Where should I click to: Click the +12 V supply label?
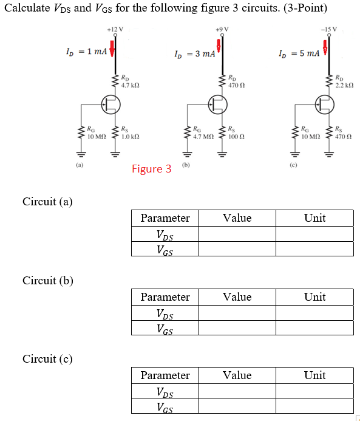[114, 29]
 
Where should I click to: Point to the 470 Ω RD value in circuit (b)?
[237, 86]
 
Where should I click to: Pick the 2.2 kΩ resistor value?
[344, 86]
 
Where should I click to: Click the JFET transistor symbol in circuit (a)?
[110, 105]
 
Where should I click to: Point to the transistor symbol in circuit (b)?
[217, 105]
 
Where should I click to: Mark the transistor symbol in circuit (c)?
[324, 105]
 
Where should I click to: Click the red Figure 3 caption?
[151, 169]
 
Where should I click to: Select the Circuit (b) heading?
[47, 280]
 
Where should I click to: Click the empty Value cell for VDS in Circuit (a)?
[237, 234]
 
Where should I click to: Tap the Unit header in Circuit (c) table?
[314, 375]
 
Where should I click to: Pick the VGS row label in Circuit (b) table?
[164, 329]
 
